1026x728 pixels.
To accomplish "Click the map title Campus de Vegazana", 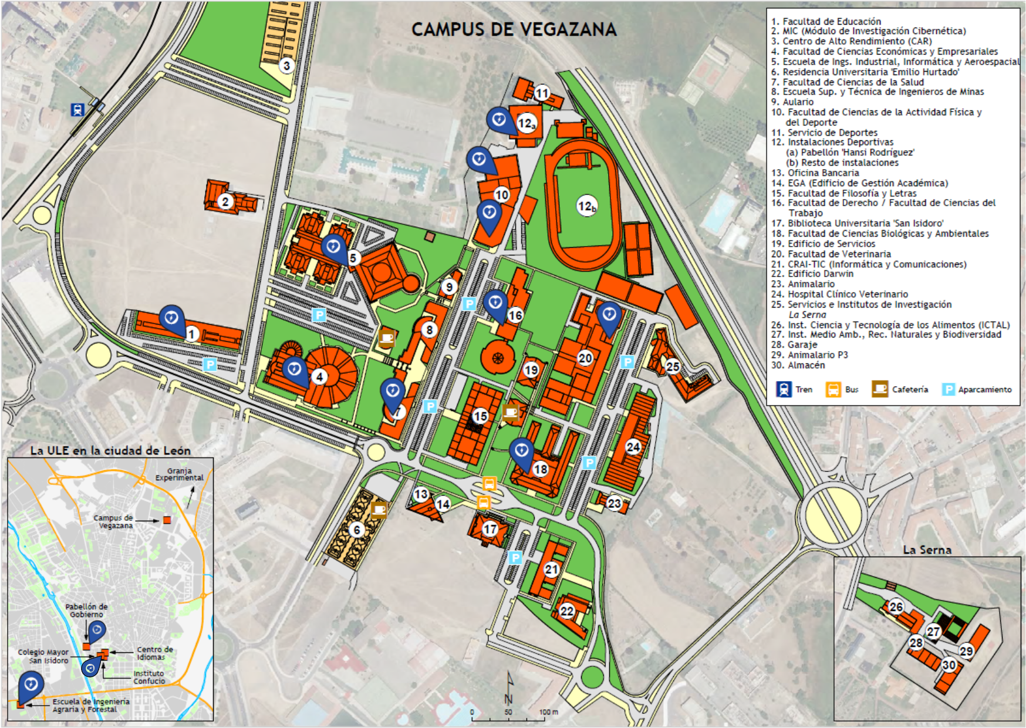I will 514,29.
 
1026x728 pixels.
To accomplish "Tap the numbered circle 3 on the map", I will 286,65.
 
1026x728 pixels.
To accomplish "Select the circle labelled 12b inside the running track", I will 586,206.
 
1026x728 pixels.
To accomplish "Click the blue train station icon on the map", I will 77,109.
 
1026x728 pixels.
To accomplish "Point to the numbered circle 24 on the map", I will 633,447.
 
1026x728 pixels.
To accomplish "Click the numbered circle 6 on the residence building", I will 356,530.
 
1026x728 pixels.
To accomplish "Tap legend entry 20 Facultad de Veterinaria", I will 831,254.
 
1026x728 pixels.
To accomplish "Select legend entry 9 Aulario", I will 792,102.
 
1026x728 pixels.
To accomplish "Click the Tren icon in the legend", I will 784,389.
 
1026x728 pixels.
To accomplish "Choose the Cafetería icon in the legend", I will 880,389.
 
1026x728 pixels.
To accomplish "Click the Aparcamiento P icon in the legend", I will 948,389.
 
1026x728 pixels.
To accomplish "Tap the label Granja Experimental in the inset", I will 179,474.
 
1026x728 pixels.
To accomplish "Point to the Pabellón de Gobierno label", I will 86,610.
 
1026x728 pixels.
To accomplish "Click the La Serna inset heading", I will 927,550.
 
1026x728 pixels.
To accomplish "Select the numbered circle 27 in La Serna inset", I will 933,631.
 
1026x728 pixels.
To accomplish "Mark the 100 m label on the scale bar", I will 548,712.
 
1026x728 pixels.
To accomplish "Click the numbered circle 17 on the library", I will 490,529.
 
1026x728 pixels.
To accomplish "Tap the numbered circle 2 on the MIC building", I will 225,202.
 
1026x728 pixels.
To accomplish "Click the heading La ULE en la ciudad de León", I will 110,451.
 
